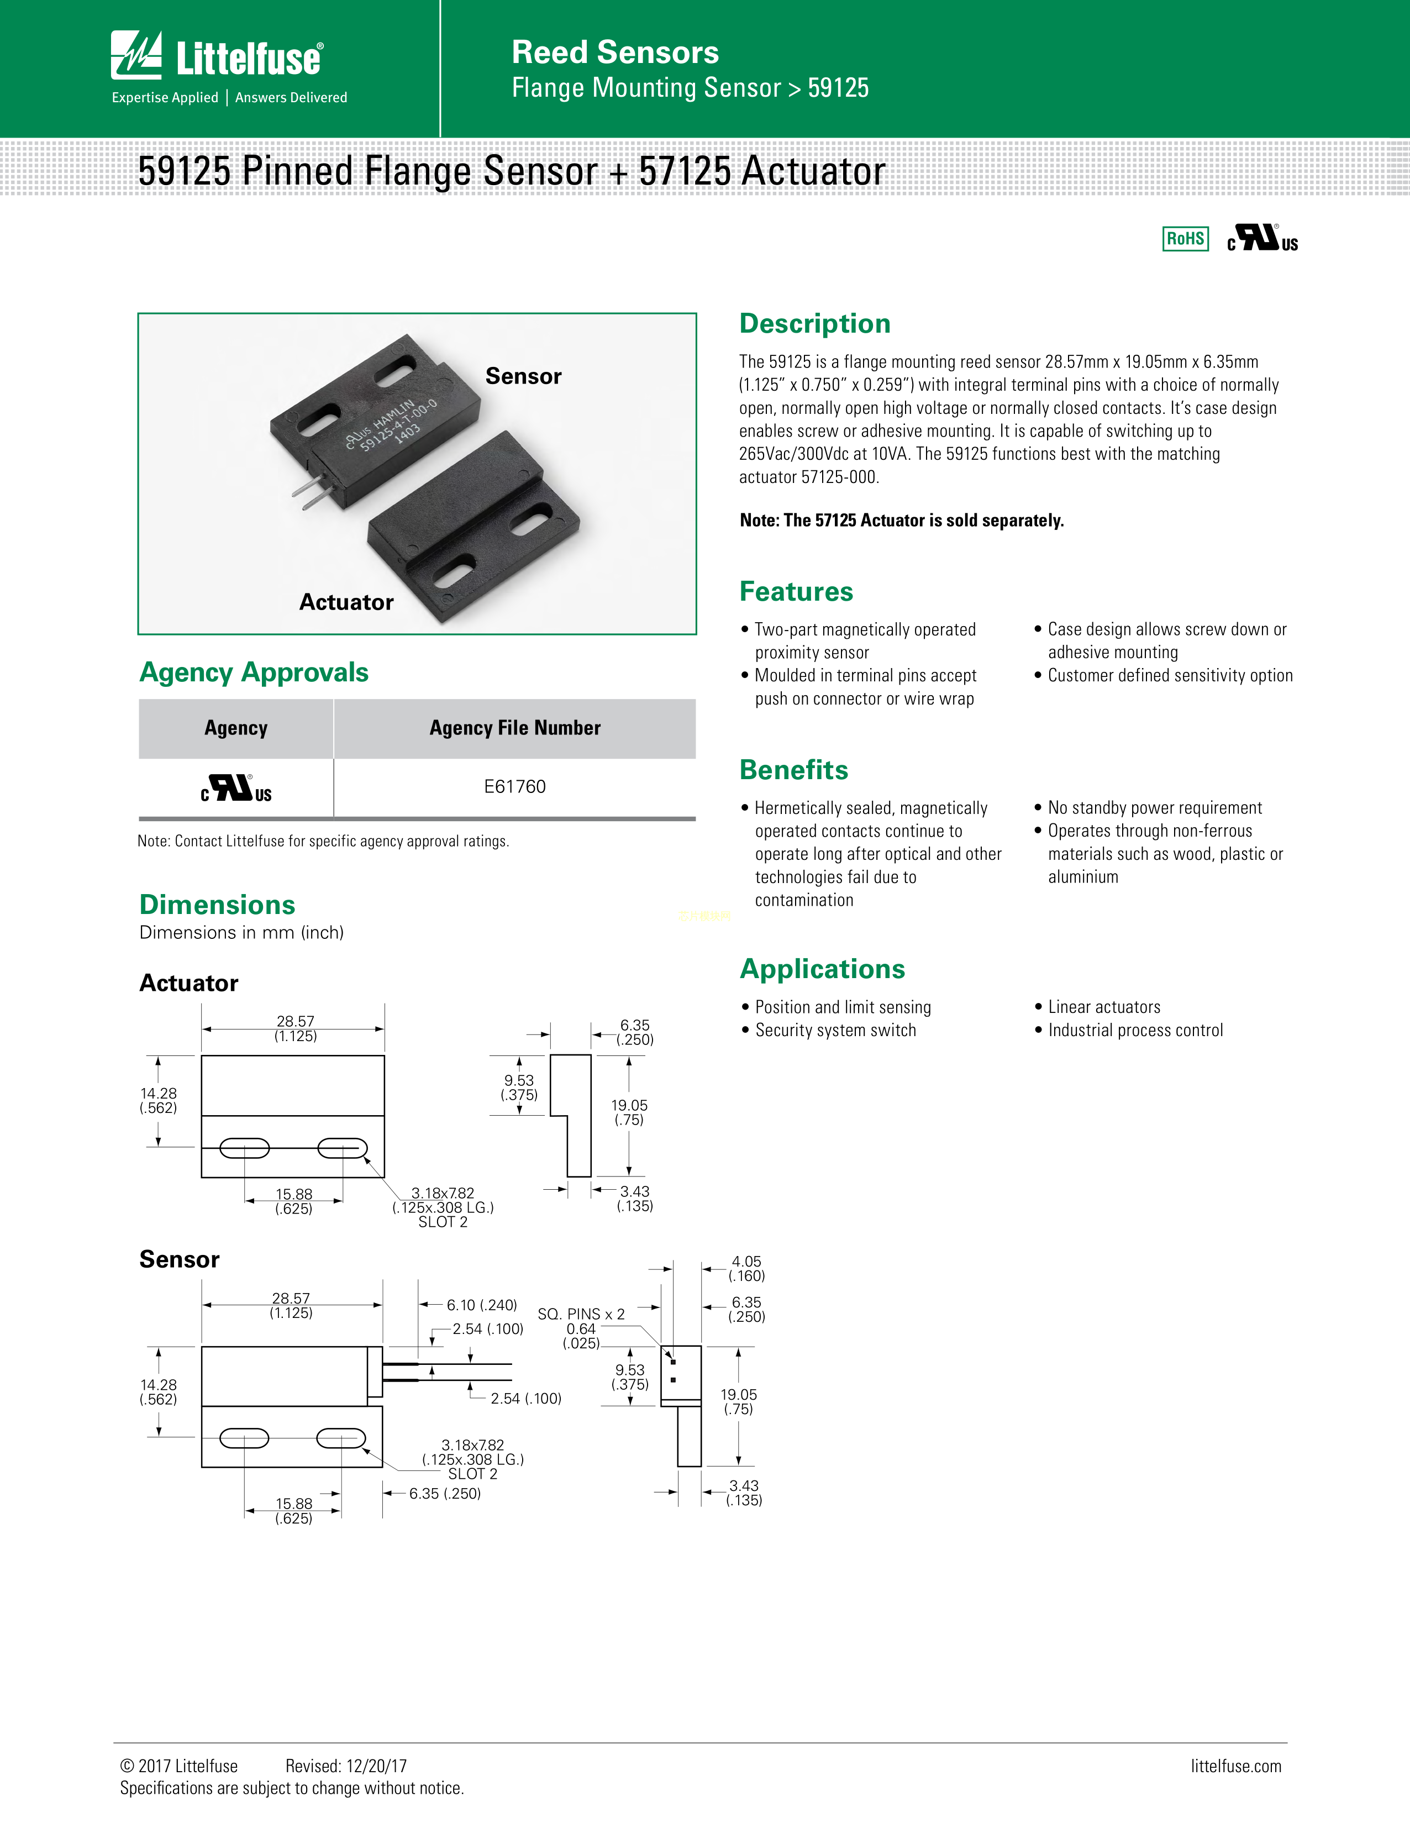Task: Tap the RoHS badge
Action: point(1185,239)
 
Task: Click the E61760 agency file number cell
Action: point(514,787)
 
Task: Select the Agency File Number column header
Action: point(514,728)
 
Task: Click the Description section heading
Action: point(814,324)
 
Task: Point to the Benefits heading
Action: point(793,770)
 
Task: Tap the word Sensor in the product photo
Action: point(523,377)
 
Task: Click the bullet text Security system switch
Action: point(835,1031)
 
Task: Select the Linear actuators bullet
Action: point(1104,1007)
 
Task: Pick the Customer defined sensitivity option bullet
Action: point(1170,675)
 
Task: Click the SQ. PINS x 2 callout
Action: point(581,1314)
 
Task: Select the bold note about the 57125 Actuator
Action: point(901,521)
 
